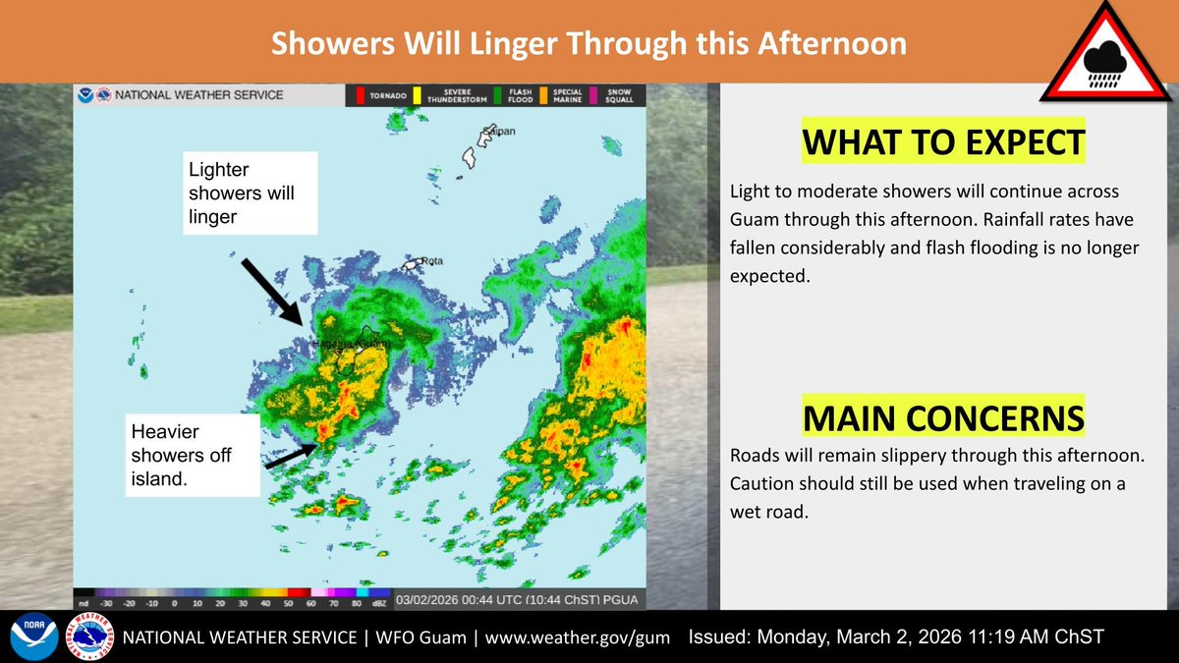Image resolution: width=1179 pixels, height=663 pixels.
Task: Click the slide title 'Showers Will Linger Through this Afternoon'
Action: [589, 44]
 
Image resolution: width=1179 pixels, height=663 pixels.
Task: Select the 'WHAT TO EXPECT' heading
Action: [943, 143]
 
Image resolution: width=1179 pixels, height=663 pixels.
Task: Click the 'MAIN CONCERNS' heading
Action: [943, 417]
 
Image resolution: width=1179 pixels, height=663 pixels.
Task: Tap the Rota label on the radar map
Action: [431, 261]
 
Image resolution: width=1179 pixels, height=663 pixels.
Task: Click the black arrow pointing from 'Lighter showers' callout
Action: [272, 291]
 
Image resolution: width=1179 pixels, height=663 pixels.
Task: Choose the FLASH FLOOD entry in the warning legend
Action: [515, 95]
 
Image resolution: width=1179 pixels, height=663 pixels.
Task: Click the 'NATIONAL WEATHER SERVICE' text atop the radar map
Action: [198, 95]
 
